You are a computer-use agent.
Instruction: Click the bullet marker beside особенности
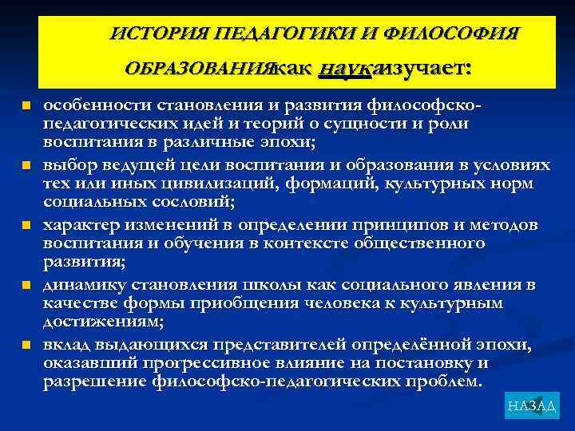[x=26, y=105]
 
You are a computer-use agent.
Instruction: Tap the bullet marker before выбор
[x=26, y=165]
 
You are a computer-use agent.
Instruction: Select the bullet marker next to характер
[x=26, y=225]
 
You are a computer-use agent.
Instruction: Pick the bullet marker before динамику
[x=26, y=284]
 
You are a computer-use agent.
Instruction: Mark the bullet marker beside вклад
[x=26, y=344]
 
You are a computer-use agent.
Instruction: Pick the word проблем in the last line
[x=447, y=382]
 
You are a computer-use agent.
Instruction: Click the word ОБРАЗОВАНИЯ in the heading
[x=200, y=69]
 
